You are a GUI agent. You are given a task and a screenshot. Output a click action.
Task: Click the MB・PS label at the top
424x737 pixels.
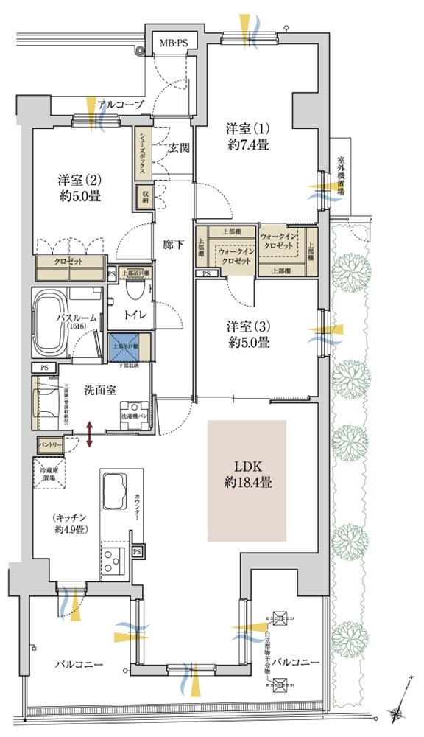click(174, 44)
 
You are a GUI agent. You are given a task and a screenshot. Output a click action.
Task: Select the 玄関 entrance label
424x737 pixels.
click(180, 147)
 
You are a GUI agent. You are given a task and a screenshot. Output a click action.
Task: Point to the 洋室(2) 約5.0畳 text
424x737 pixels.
click(79, 187)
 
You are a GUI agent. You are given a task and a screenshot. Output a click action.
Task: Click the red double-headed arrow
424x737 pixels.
click(90, 434)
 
